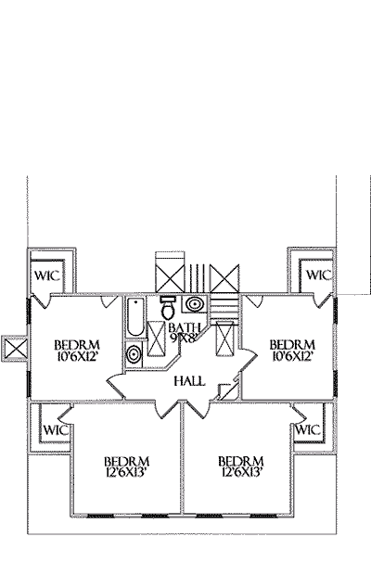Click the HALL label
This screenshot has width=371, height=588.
pos(189,381)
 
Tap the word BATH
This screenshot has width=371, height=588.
pos(185,327)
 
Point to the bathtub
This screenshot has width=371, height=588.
pos(135,317)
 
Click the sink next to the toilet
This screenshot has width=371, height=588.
pos(195,304)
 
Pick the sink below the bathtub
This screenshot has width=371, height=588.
pos(134,353)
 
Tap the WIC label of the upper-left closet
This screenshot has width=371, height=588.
pos(47,276)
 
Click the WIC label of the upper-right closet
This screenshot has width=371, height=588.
pos(319,275)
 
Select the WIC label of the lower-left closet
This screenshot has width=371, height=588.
pos(56,429)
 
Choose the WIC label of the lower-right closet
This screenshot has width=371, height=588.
pos(308,429)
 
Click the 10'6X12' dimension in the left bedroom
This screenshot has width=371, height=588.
pos(77,356)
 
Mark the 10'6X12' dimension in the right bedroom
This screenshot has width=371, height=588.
pos(292,356)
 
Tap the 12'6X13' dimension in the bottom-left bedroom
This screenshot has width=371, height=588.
pos(126,472)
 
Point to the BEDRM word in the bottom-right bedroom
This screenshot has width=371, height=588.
pos(241,461)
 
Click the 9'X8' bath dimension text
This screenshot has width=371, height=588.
pos(184,339)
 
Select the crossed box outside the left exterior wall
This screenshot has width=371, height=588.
pos(15,349)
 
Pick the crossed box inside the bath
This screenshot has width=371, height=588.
pos(156,339)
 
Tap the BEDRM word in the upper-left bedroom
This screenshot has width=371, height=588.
pos(77,345)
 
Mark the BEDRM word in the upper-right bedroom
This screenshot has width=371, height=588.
pos(292,345)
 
